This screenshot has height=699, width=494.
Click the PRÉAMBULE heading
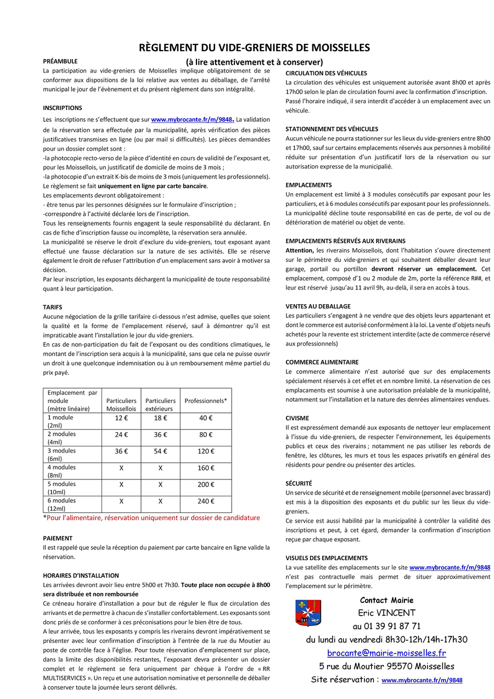coord(60,61)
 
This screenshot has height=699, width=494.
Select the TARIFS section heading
coord(53,307)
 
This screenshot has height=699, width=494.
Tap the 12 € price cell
coord(121,418)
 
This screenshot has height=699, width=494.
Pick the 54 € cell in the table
coord(160,451)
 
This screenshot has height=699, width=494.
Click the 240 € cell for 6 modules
coord(206,501)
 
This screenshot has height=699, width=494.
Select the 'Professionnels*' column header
coord(206,401)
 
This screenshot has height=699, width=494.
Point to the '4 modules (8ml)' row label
coord(61,471)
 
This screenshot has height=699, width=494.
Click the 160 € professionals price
coord(206,468)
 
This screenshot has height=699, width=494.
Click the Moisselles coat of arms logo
coord(308,613)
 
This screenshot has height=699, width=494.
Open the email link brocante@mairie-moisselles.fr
coord(386,653)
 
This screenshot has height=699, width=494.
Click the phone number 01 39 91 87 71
coord(386,626)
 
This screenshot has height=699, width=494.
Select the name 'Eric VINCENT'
coord(386,613)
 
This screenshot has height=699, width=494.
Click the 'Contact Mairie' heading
coord(386,600)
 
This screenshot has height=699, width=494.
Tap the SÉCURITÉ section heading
coord(299,483)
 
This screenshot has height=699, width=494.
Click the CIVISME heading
coord(297,418)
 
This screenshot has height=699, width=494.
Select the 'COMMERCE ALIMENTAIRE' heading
coord(322,362)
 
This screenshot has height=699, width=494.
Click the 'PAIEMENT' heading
coord(58,538)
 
